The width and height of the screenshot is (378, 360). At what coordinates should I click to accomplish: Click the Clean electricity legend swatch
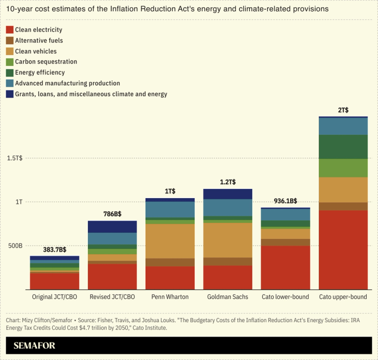(9, 30)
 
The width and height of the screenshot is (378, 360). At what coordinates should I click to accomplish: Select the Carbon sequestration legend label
(46, 62)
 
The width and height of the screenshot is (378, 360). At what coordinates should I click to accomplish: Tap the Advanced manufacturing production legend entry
(67, 83)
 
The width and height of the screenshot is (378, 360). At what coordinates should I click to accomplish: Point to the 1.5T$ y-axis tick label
(14, 158)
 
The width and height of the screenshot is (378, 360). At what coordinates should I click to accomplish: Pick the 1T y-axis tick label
(18, 202)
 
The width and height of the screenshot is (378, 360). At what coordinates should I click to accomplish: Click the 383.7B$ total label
(54, 250)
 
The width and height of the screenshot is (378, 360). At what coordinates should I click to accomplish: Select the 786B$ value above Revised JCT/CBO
(112, 214)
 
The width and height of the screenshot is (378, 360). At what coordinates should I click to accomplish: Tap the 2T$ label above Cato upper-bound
(343, 110)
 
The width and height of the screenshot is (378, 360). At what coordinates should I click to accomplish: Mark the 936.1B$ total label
(285, 201)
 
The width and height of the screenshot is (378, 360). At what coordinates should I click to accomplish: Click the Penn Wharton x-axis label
(170, 297)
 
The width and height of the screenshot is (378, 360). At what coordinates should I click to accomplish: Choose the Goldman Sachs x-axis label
(227, 297)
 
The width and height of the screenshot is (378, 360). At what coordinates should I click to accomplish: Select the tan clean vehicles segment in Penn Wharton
(170, 241)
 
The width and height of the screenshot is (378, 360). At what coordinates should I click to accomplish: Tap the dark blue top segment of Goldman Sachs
(227, 194)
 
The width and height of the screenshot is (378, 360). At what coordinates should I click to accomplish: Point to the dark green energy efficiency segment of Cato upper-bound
(343, 147)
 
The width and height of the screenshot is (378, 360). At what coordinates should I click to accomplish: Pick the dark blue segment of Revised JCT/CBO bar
(112, 227)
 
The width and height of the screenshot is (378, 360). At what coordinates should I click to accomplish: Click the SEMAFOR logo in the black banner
(34, 346)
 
